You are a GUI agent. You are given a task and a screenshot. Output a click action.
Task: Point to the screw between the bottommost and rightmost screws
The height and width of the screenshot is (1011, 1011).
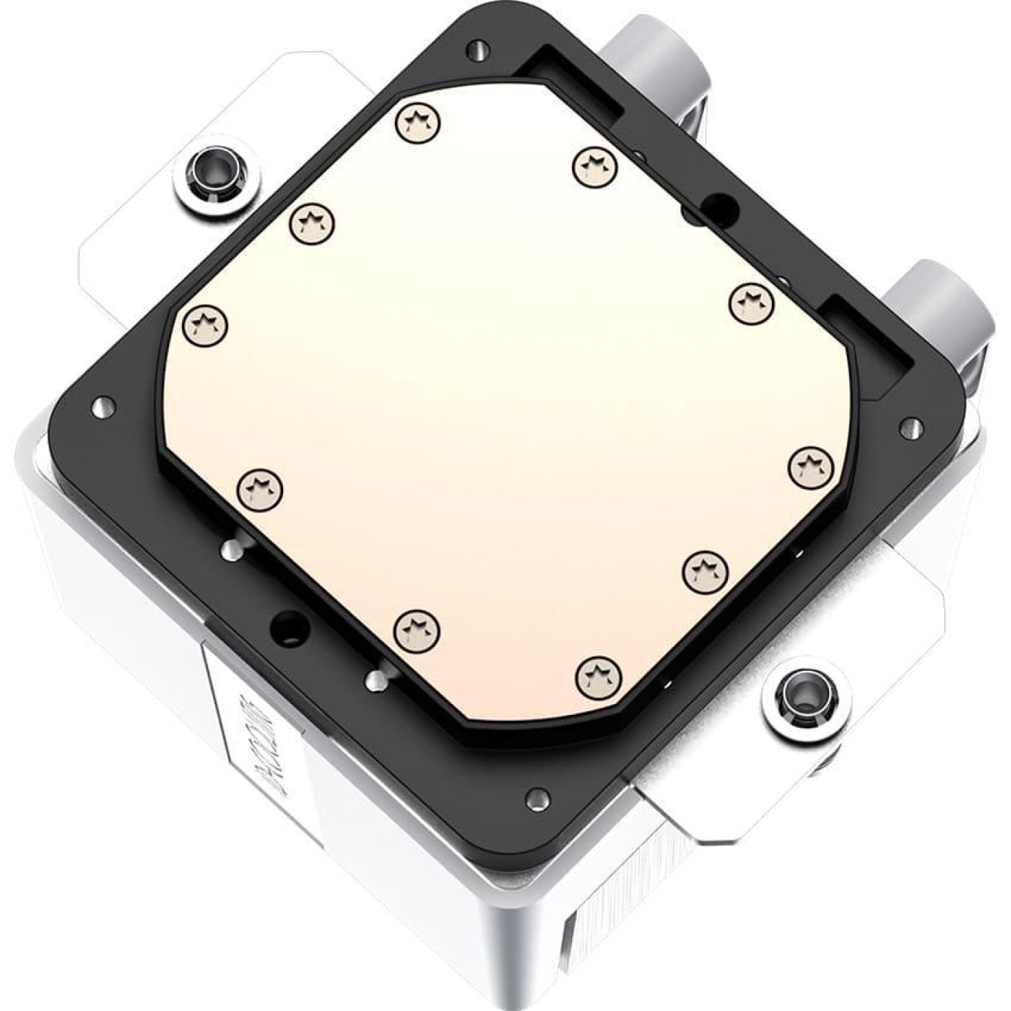coord(706,571)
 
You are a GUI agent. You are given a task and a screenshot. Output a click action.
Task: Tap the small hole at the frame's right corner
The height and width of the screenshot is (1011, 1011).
coord(910,427)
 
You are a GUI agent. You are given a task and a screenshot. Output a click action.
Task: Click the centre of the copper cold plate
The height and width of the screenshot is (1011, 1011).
coord(506,404)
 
